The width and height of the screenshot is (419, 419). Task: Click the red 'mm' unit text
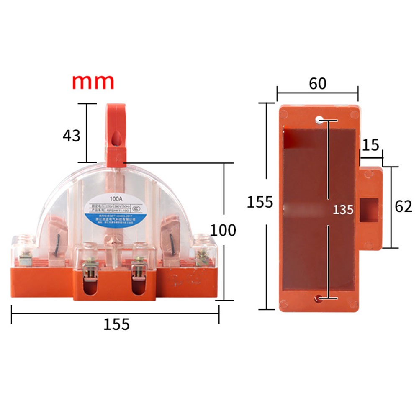click(x=93, y=82)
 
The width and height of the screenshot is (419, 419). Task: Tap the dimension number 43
click(x=71, y=136)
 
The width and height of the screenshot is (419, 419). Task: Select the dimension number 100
click(x=223, y=230)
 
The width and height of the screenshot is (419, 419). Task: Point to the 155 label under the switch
click(x=116, y=324)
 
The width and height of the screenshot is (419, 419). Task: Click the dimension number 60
click(x=318, y=84)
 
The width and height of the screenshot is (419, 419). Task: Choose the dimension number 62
click(x=403, y=206)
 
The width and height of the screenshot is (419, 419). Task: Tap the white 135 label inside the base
click(x=343, y=209)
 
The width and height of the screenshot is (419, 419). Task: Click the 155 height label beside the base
click(x=260, y=202)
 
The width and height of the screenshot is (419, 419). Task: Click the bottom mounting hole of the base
click(x=319, y=298)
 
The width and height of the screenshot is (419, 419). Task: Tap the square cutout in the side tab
click(x=370, y=209)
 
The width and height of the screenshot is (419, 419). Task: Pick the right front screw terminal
click(x=138, y=268)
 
